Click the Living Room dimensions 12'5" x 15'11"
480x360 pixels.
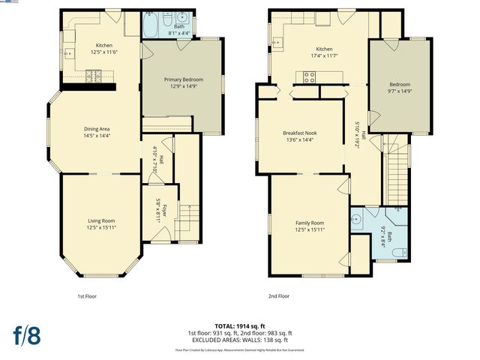[x=101, y=226]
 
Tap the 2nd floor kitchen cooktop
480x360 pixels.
[x=309, y=75]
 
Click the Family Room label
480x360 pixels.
[x=309, y=223]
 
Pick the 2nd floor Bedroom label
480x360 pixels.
[x=400, y=84]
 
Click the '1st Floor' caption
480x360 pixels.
[x=87, y=296]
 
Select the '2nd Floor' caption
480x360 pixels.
[x=279, y=296]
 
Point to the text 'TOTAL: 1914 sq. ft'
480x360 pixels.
[x=239, y=326]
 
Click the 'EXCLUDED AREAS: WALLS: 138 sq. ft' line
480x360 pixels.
[x=239, y=339]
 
